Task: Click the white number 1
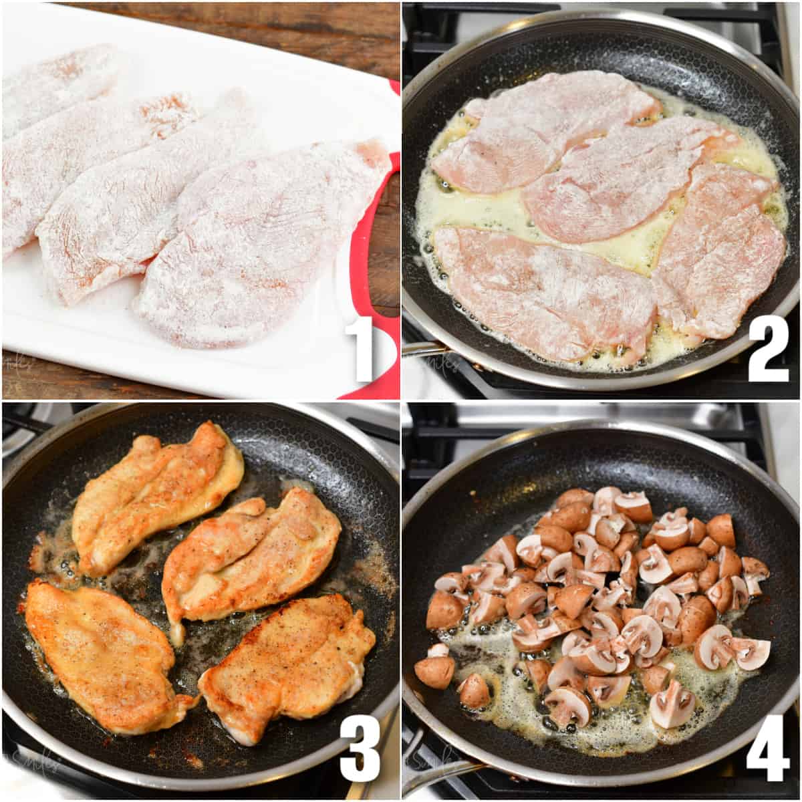(363, 350)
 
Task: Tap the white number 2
(768, 349)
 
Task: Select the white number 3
(360, 749)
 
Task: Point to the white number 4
(768, 749)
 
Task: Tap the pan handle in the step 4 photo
(434, 775)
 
